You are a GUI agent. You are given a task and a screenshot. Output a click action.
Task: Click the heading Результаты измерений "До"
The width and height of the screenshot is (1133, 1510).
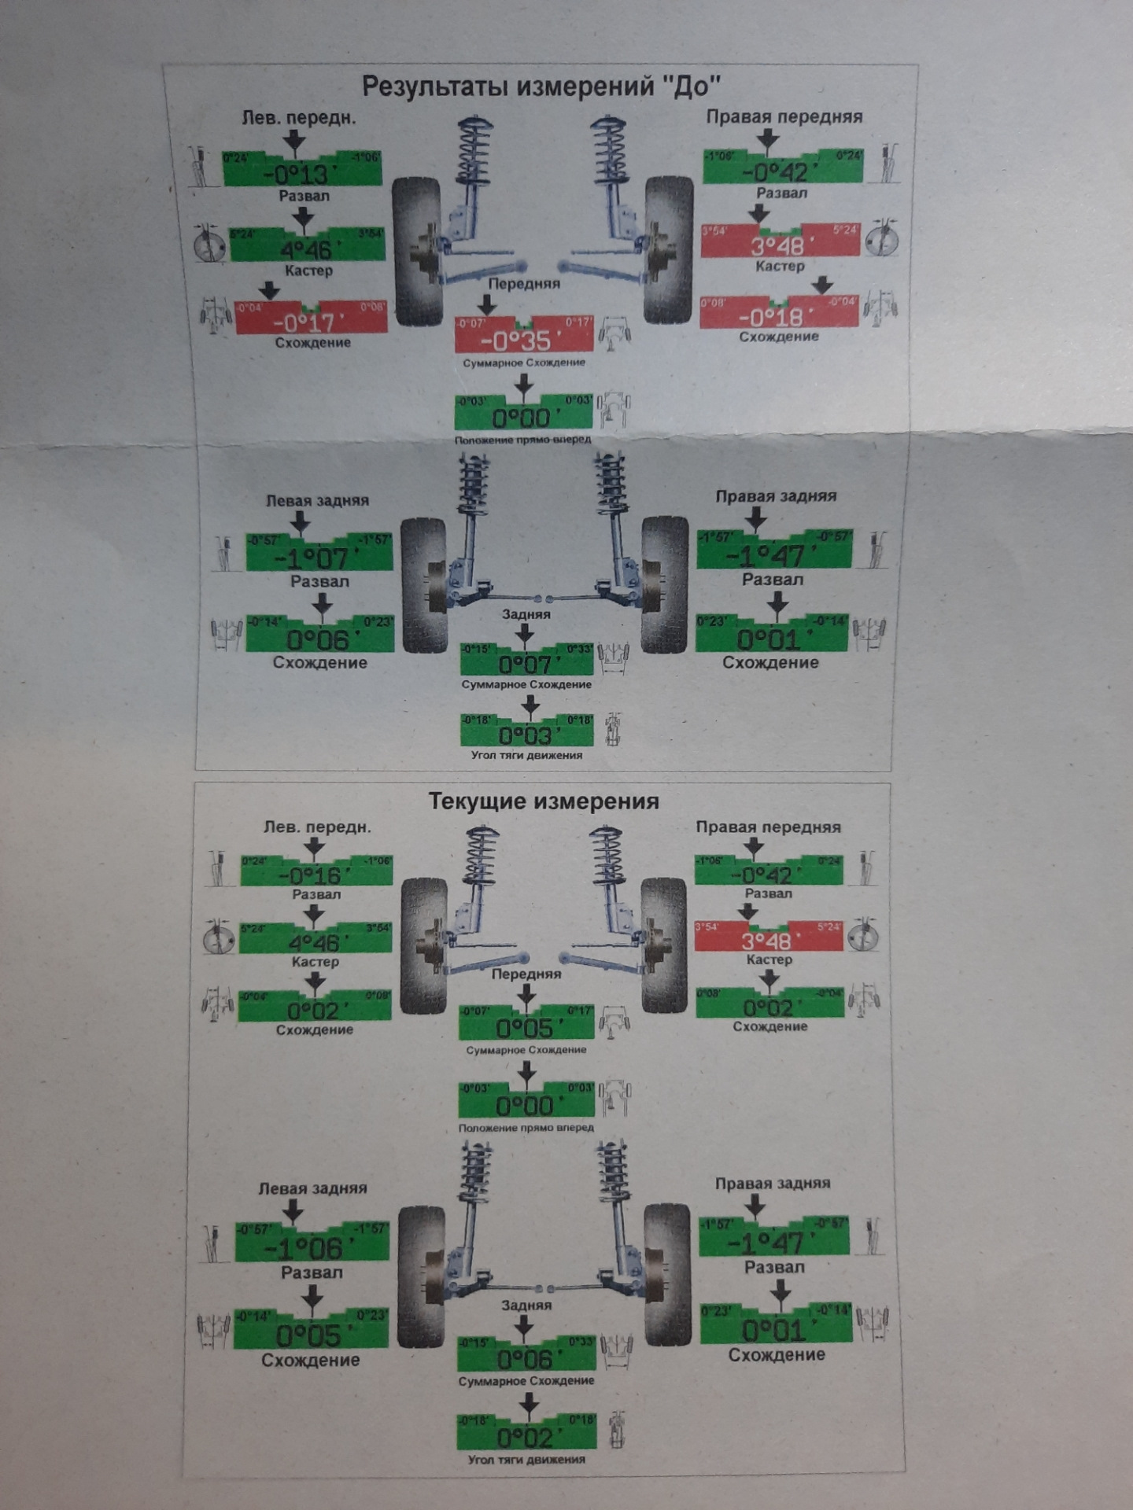541,86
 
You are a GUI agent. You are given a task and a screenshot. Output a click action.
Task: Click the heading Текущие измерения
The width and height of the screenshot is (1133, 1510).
543,801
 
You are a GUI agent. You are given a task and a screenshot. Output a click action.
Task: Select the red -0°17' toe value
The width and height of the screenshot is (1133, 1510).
304,322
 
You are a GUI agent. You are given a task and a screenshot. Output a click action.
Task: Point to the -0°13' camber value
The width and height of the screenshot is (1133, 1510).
301,175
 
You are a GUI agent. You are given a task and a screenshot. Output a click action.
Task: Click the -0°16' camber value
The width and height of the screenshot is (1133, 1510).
314,876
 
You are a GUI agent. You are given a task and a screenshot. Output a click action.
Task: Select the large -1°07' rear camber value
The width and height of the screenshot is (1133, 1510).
312,559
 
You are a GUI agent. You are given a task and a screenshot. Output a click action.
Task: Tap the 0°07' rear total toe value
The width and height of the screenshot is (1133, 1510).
526,665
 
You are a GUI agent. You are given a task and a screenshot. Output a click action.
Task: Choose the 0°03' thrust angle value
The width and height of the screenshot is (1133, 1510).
526,735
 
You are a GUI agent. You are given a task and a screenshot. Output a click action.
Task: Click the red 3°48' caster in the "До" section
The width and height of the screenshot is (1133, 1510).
777,246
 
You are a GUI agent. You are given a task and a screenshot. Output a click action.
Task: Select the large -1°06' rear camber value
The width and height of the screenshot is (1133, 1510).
304,1248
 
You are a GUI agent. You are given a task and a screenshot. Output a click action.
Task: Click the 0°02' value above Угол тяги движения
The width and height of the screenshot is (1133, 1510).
525,1438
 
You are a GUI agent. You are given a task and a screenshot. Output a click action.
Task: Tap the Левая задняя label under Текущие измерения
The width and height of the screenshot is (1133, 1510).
312,1188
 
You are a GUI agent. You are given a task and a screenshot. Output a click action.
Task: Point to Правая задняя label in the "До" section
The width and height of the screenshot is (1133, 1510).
775,496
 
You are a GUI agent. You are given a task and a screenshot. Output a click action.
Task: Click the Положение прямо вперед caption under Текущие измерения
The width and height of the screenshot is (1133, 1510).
526,1127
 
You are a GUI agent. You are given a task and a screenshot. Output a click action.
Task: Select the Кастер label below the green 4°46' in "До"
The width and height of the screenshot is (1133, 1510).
308,271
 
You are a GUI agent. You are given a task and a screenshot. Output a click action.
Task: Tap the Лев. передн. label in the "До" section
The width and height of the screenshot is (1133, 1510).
298,118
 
